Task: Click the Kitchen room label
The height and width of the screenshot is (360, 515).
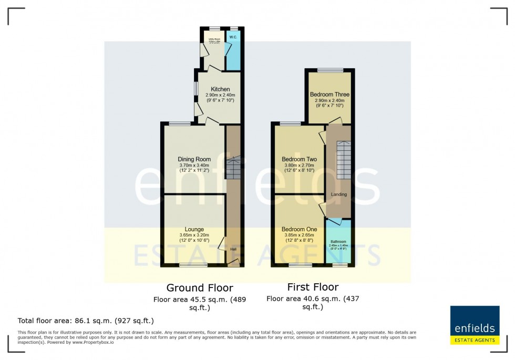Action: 220,89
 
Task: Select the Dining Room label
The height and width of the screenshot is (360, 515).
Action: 194,159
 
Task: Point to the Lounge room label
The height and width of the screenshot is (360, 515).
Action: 194,229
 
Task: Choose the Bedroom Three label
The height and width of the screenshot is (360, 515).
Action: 329,95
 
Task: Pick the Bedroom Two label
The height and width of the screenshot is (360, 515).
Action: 299,159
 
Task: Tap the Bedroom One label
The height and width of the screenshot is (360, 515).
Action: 299,229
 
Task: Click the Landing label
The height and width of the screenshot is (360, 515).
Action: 338,194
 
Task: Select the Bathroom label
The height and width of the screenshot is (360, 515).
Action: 338,242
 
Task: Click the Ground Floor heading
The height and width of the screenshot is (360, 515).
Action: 200,287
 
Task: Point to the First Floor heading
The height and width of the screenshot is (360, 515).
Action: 313,287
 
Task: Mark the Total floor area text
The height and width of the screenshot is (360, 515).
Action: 86,320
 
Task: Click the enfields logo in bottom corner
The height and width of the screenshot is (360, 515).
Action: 475,325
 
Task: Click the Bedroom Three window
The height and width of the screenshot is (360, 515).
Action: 330,70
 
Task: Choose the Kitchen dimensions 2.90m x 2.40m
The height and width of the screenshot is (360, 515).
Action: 220,95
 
